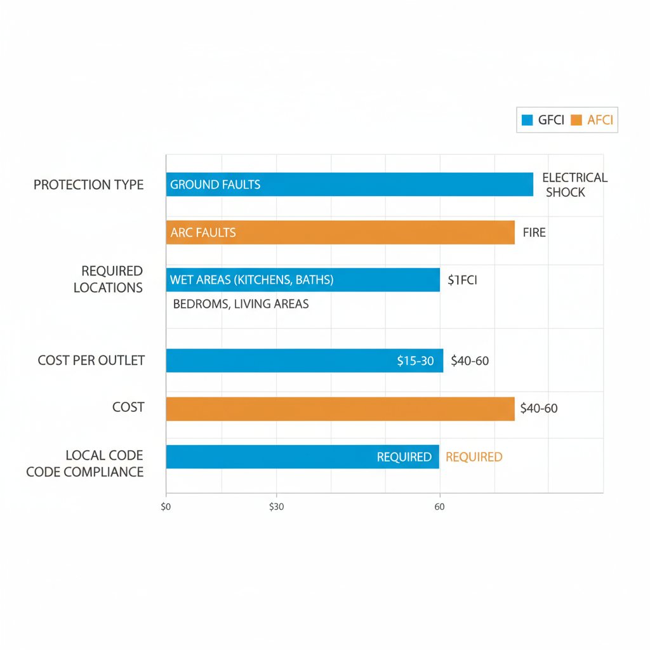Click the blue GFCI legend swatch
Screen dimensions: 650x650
coord(526,120)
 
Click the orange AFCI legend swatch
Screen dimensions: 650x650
coord(576,120)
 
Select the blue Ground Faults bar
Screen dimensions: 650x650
coord(349,185)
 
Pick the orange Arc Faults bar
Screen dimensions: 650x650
coord(340,232)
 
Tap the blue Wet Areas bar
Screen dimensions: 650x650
coord(303,280)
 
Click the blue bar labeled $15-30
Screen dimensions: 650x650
coord(304,361)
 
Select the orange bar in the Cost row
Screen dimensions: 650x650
coord(340,408)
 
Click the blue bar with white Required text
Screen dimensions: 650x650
coord(302,456)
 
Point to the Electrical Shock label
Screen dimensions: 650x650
coord(574,185)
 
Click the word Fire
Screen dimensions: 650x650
coord(534,232)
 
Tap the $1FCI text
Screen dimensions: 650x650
coord(462,280)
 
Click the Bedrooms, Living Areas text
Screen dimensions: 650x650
coord(241,304)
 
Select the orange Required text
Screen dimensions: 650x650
coord(474,457)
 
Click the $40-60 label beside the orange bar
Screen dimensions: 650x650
coord(538,408)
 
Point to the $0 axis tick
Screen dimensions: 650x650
coord(166,507)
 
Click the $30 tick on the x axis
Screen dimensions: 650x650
coord(276,507)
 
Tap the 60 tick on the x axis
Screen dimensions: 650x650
coord(439,507)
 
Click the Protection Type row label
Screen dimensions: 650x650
coord(89,185)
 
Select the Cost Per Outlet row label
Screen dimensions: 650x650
coord(91,361)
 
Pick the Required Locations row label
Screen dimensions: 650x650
coord(108,279)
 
